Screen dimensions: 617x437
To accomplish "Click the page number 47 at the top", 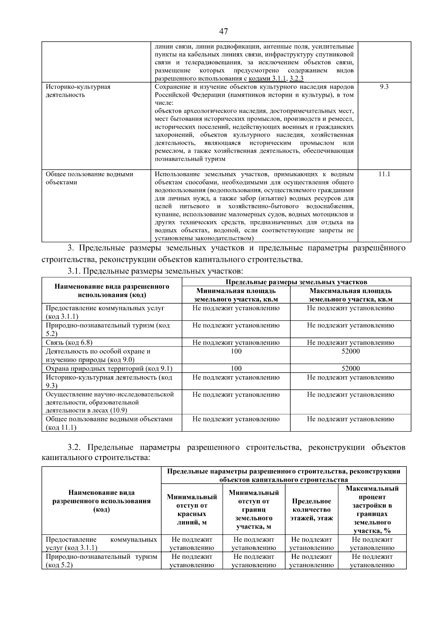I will click(x=223, y=32).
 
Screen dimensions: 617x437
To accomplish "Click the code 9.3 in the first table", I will click(x=384, y=87).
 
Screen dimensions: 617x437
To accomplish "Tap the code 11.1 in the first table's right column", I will click(x=384, y=174).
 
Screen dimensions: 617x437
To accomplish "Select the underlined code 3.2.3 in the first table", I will click(x=296, y=79).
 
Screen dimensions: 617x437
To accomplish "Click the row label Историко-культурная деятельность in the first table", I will click(x=78, y=91).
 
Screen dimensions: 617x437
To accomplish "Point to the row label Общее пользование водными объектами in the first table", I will click(x=89, y=178).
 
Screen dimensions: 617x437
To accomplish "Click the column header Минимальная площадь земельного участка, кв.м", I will click(x=236, y=295).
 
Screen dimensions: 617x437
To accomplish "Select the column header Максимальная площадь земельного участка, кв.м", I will click(x=350, y=295).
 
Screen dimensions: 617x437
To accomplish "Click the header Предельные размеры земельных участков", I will click(x=296, y=282).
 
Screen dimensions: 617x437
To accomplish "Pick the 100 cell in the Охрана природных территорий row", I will click(x=236, y=368).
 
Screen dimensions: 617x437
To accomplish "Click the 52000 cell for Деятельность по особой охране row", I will click(x=350, y=351).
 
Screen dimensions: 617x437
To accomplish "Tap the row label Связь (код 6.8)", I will click(x=69, y=342).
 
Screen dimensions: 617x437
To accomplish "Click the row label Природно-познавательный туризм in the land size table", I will click(x=107, y=329).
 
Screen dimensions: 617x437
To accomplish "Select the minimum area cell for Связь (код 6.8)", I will click(x=236, y=342).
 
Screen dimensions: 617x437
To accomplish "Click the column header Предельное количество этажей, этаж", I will click(x=311, y=510).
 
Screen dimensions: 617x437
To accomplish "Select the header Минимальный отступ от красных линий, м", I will click(x=192, y=510).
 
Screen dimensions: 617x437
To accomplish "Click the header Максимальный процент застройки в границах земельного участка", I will click(x=372, y=510).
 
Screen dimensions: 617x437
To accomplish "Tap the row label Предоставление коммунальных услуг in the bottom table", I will click(x=101, y=544).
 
